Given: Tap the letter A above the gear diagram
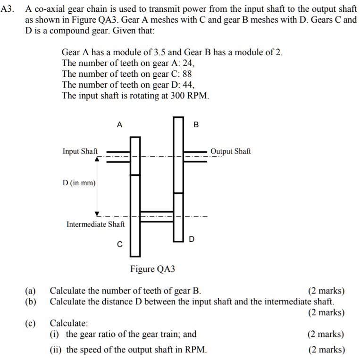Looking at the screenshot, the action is click(x=119, y=125).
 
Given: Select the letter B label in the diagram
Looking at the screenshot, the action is click(x=196, y=125).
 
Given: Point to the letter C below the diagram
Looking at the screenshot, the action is click(x=119, y=245).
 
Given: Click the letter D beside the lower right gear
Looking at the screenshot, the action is click(x=192, y=239).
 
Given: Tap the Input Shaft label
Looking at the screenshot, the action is click(x=80, y=151).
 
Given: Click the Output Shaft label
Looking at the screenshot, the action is click(x=231, y=151).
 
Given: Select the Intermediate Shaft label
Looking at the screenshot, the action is click(x=96, y=224).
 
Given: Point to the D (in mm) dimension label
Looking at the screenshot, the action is click(x=79, y=183).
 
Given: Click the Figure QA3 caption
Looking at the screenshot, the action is click(x=152, y=269).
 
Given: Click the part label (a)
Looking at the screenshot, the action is click(x=31, y=291).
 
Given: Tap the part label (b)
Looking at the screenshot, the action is click(x=31, y=302).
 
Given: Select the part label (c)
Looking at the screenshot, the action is click(x=31, y=323).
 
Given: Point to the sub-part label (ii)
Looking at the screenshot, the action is click(x=56, y=350).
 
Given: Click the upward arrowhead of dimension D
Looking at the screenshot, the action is click(x=98, y=159).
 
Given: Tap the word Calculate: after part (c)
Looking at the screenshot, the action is click(x=69, y=323).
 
